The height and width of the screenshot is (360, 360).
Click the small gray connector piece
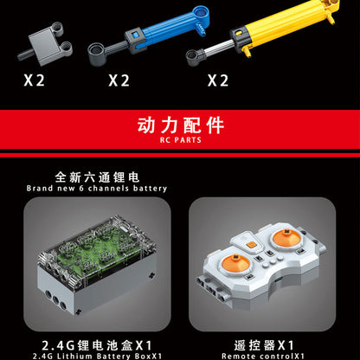(x=40, y=46)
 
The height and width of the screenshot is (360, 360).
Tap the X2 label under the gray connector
(x=34, y=80)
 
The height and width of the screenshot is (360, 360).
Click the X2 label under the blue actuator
(x=119, y=80)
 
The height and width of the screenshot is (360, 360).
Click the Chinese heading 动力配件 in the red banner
(x=179, y=125)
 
